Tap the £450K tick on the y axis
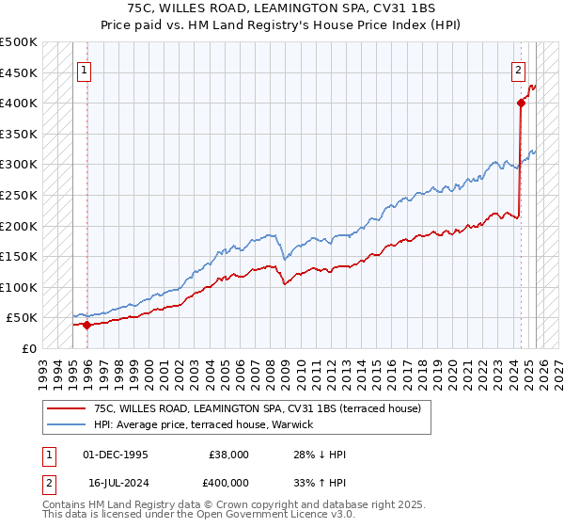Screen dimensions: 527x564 19,72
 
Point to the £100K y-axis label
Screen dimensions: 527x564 19,287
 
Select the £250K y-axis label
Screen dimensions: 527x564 19,195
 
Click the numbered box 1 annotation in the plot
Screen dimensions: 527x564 85,69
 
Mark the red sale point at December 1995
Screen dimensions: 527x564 86,325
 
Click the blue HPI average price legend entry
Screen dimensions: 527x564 202,425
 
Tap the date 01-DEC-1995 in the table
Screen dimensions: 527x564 117,455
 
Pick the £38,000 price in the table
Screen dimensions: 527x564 229,455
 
